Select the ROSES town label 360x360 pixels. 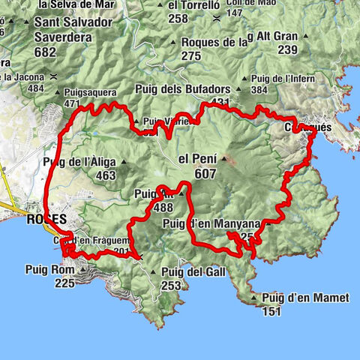(x=46, y=220)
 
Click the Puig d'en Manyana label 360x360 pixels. (x=210, y=223)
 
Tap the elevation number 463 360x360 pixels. (x=106, y=175)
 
